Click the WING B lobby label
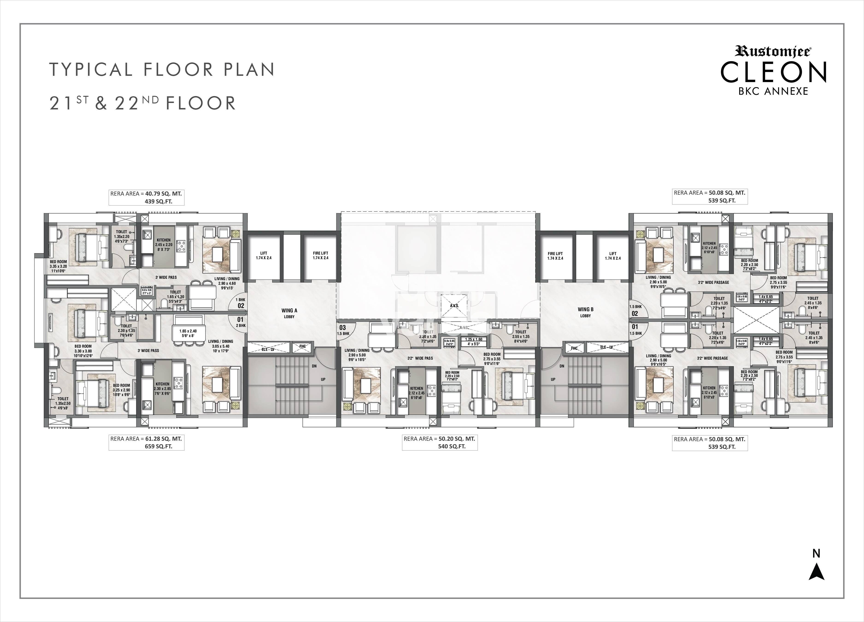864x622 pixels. click(x=585, y=312)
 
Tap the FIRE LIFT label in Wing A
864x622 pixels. click(x=320, y=255)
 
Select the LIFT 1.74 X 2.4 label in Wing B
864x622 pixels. click(x=613, y=255)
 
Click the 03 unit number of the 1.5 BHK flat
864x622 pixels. click(x=342, y=328)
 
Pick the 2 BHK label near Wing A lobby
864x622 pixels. click(x=241, y=326)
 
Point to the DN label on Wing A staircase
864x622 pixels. click(x=314, y=366)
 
